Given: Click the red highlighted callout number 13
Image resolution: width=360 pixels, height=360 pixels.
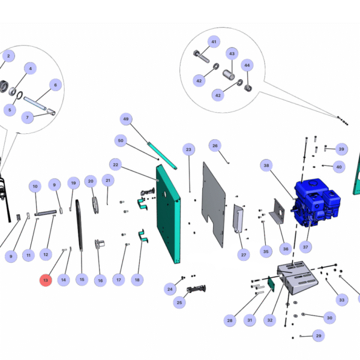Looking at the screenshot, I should (x=46, y=280).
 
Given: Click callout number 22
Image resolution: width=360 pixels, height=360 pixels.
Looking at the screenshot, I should (x=116, y=164).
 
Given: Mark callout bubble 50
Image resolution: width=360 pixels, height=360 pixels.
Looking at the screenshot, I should (x=121, y=140).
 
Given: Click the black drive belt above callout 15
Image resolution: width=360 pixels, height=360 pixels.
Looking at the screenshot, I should (x=80, y=235).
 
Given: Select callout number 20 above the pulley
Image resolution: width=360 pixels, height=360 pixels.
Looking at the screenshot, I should (x=91, y=181).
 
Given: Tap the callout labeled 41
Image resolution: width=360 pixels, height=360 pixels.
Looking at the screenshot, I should (x=214, y=41).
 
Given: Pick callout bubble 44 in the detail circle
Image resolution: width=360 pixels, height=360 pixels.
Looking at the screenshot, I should (x=247, y=65).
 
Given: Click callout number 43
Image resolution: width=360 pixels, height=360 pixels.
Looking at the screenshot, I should (x=232, y=53).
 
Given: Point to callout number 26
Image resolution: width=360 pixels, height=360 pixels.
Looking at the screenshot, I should (x=214, y=145).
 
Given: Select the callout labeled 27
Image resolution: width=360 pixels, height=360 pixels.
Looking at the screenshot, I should (x=244, y=255).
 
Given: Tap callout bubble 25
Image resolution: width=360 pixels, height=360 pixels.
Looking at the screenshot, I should (x=179, y=304).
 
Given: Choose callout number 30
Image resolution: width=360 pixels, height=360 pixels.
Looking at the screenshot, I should (x=329, y=317).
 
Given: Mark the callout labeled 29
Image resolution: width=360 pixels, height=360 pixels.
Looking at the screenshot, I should (x=318, y=336).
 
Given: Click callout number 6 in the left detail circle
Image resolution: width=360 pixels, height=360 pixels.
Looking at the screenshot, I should (x=55, y=85).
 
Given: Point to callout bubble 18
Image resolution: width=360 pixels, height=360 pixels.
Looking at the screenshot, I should (x=137, y=280).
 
